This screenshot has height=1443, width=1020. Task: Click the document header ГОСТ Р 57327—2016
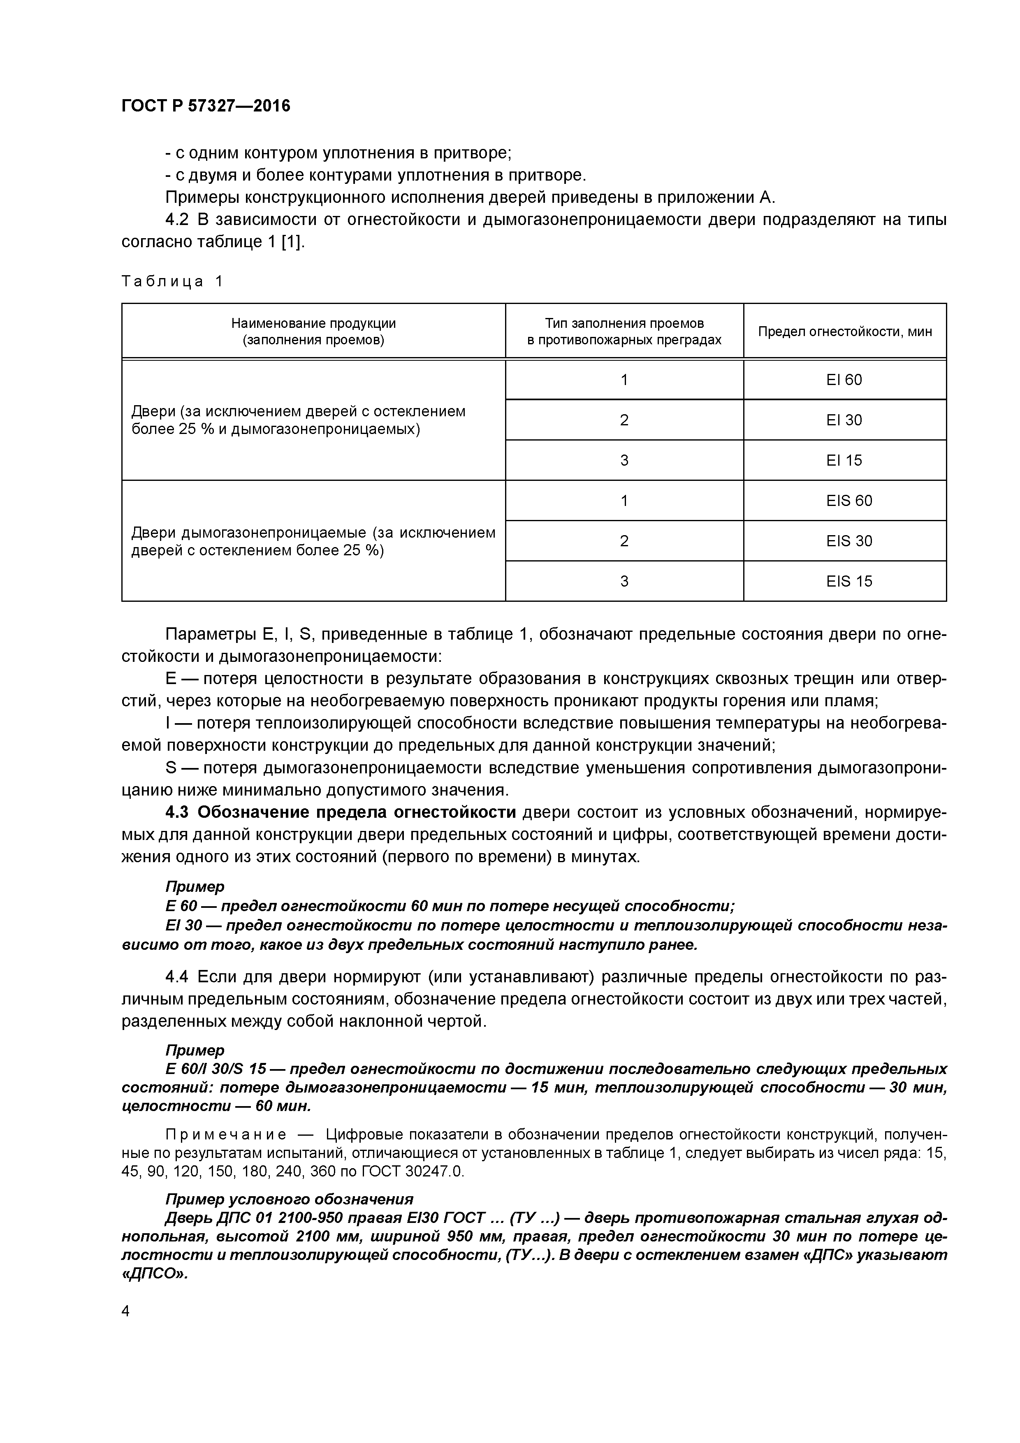point(206,106)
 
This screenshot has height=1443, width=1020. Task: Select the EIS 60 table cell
point(848,500)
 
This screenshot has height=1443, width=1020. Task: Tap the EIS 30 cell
point(848,541)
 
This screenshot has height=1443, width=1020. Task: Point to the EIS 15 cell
point(848,581)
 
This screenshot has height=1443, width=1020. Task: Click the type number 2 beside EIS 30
point(624,541)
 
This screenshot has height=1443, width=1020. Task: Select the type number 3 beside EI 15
point(624,460)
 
